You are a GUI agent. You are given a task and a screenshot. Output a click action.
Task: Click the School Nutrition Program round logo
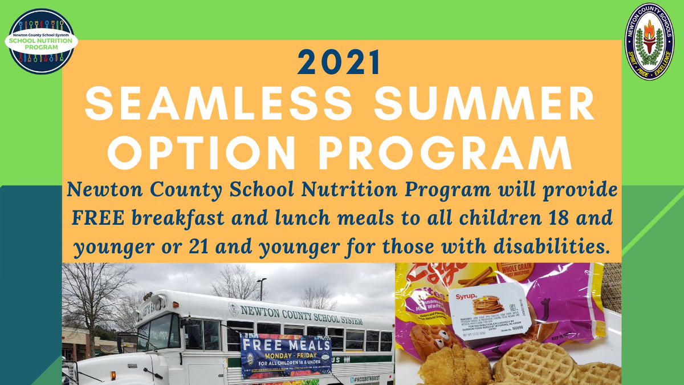click(42, 41)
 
